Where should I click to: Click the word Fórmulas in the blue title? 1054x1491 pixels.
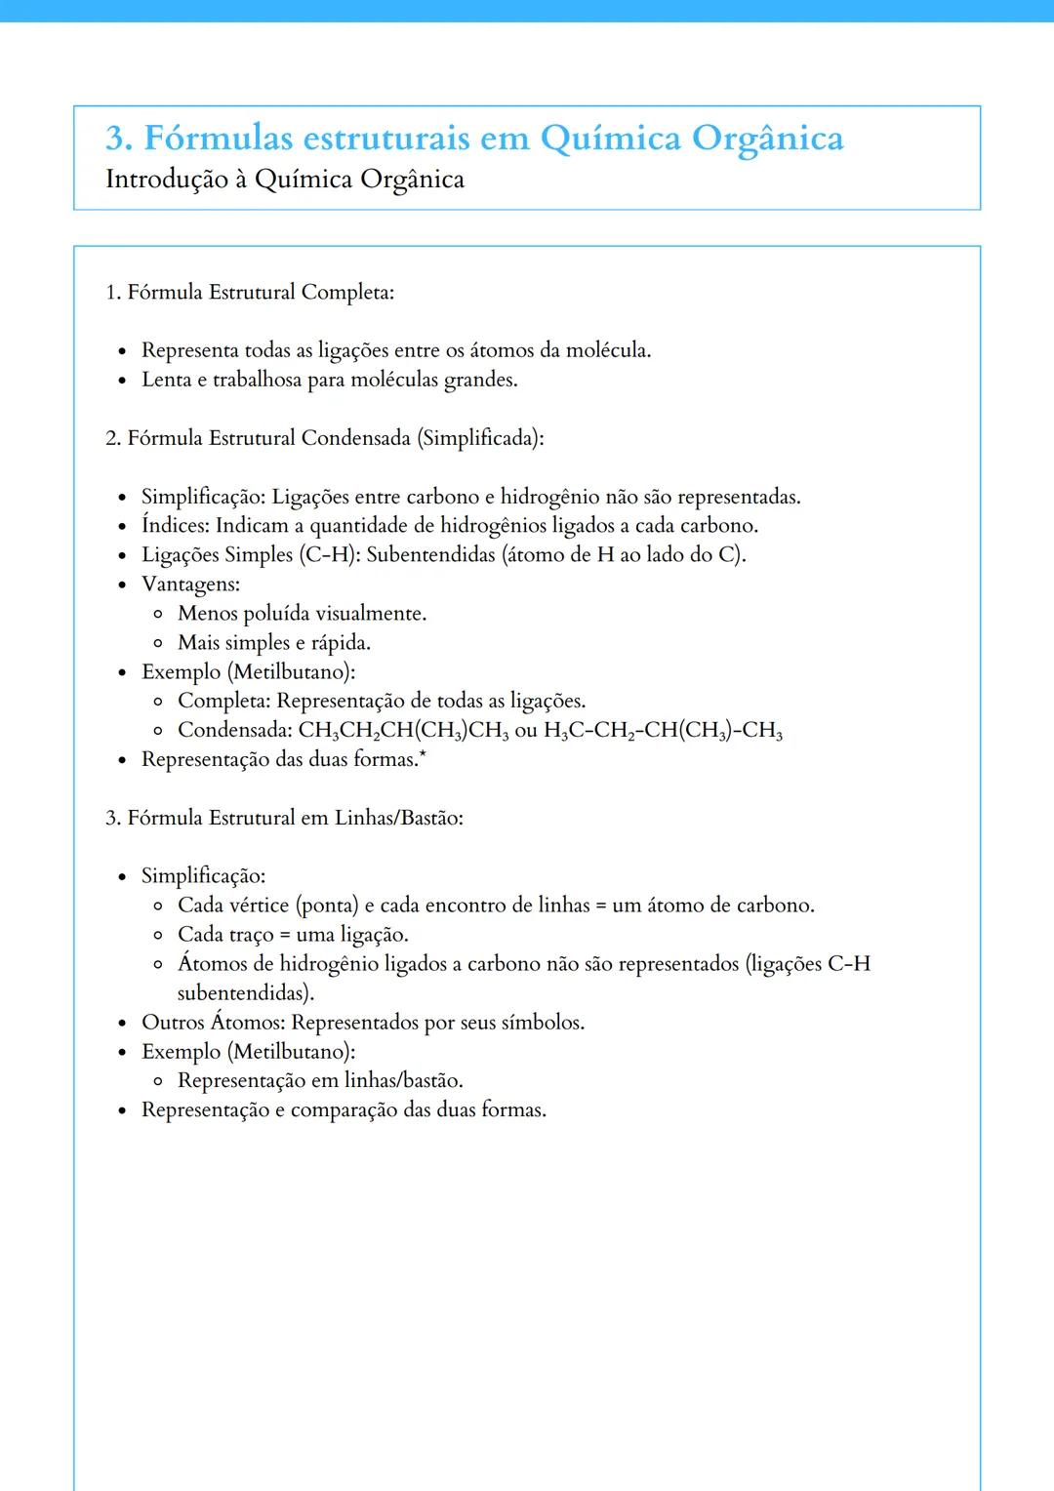pos(218,138)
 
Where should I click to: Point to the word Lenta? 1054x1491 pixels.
pos(166,380)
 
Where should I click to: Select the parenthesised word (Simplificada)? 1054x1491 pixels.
pos(479,438)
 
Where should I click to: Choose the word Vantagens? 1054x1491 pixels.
pos(190,584)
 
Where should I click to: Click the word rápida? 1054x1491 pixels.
pos(340,642)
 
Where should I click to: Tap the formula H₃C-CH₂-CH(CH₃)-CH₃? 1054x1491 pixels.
pos(663,731)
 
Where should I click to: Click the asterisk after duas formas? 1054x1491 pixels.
pos(423,754)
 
